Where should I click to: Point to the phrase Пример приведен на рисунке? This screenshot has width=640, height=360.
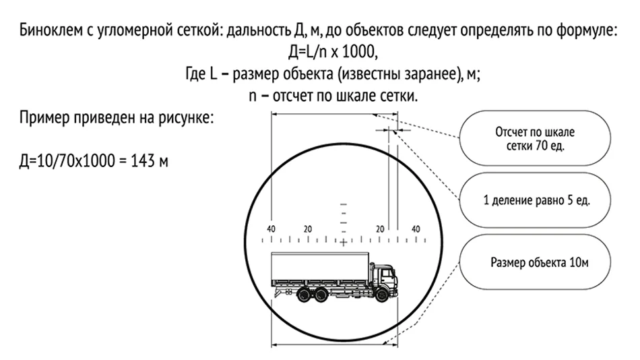pyautogui.click(x=117, y=118)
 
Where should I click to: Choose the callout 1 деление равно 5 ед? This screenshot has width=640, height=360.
pyautogui.click(x=536, y=201)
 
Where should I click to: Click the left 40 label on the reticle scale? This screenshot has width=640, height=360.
pyautogui.click(x=271, y=229)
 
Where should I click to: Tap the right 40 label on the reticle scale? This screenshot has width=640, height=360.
pyautogui.click(x=415, y=229)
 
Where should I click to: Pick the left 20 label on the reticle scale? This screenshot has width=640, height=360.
pyautogui.click(x=307, y=229)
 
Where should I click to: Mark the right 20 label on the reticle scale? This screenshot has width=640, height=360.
pyautogui.click(x=380, y=229)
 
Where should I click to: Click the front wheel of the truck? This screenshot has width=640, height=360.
pyautogui.click(x=381, y=295)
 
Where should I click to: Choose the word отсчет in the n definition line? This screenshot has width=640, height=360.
pyautogui.click(x=290, y=96)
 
